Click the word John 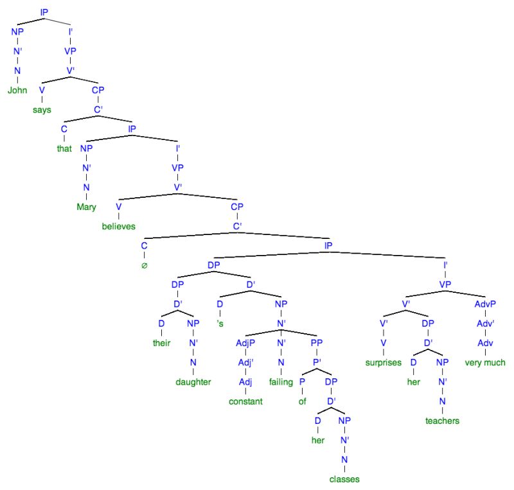tap(17, 91)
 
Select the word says tap(42, 109)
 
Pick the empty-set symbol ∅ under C tap(145, 264)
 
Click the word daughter tap(193, 382)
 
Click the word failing tap(281, 382)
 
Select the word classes tap(344, 479)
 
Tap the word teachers tap(441, 421)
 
